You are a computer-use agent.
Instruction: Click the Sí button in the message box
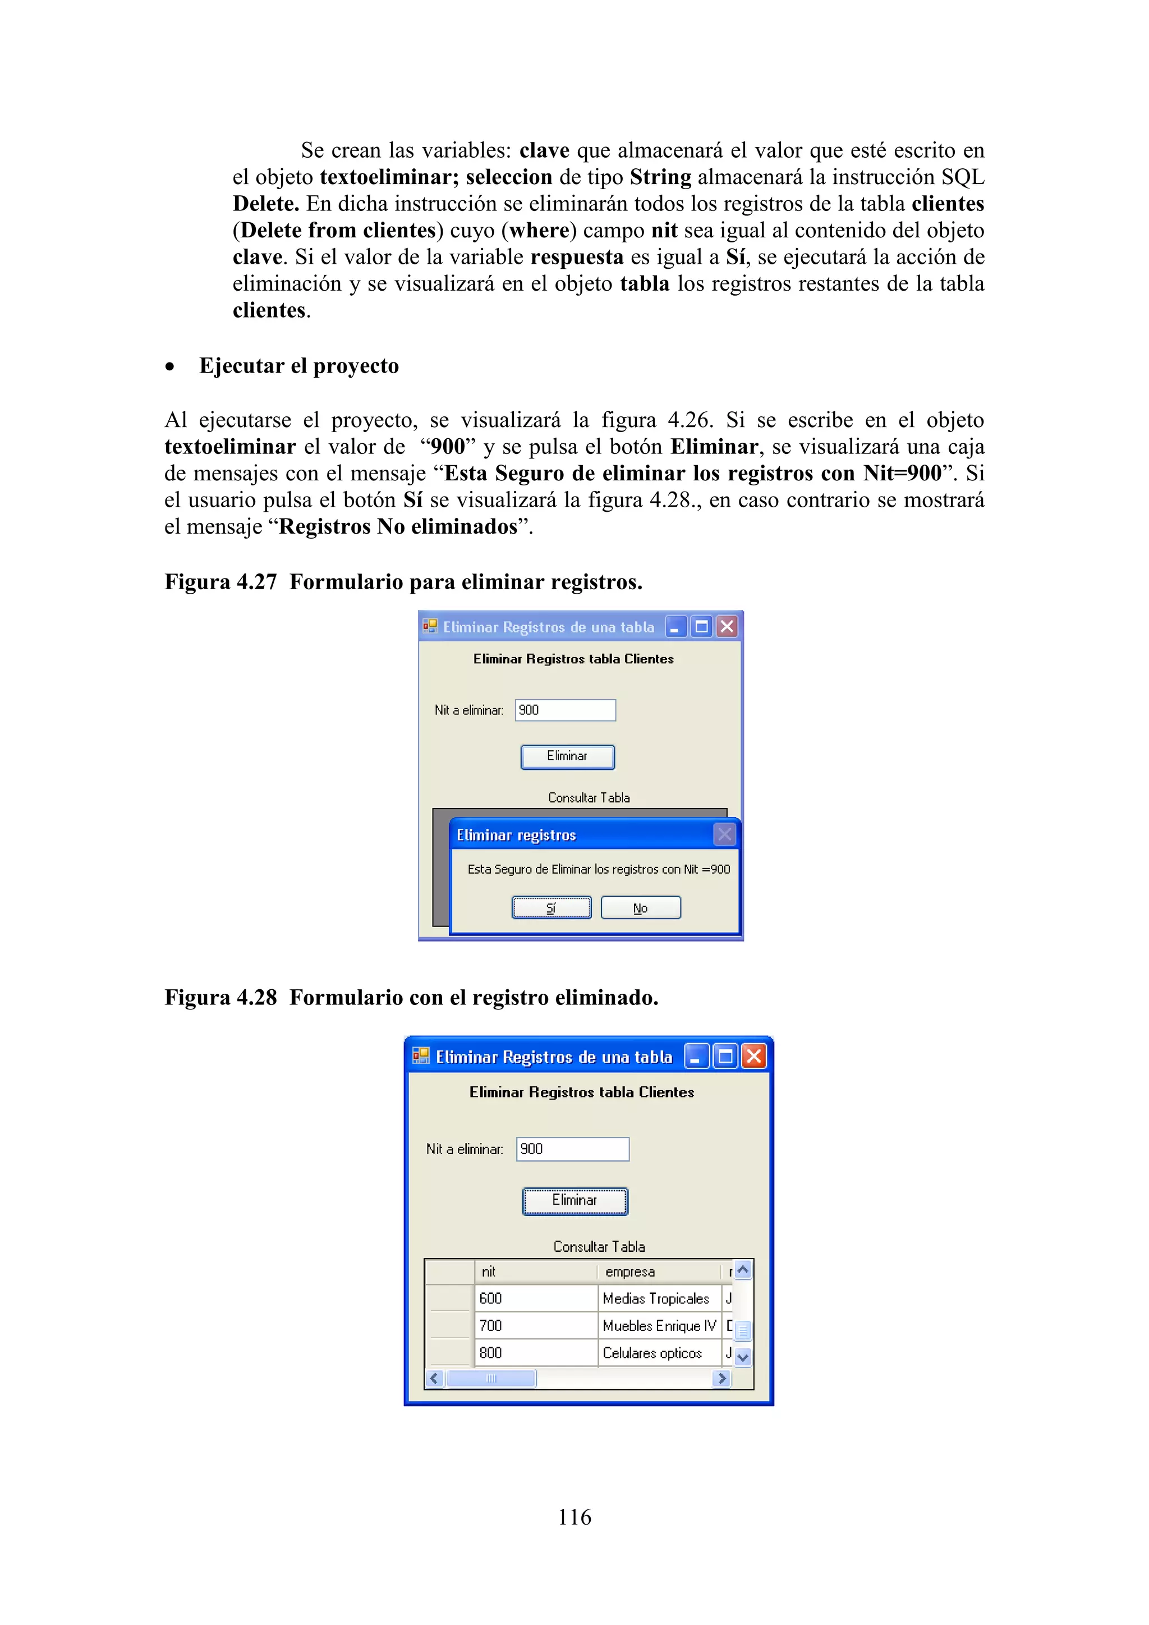551,907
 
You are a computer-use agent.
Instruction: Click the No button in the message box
640,907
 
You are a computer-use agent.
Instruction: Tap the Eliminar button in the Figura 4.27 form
567,756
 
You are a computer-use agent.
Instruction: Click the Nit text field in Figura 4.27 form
566,710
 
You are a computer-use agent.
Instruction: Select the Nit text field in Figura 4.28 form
572,1149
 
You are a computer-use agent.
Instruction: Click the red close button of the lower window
754,1057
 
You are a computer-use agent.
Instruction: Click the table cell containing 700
536,1325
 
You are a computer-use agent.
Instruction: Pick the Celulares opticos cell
658,1352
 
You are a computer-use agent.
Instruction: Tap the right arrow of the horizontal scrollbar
721,1378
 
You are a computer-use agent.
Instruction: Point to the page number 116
574,1517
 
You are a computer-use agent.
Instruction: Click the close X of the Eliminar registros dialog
724,834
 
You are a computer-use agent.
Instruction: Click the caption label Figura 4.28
220,997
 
